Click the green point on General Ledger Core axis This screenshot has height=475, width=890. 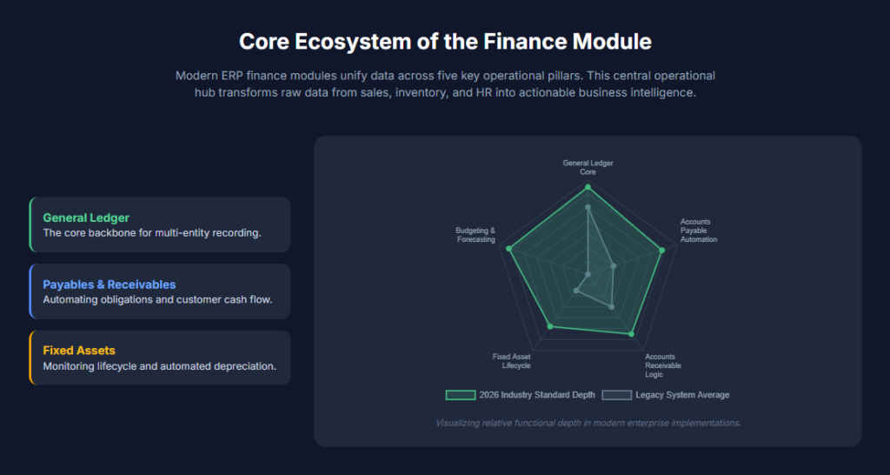pyautogui.click(x=588, y=187)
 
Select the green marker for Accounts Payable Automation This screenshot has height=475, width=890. pyautogui.click(x=661, y=250)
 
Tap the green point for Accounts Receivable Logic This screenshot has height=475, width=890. pyautogui.click(x=631, y=334)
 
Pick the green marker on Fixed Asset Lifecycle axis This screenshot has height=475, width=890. pyautogui.click(x=549, y=326)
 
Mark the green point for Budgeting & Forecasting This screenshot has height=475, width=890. pyautogui.click(x=509, y=249)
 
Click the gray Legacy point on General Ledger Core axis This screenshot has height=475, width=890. pyautogui.click(x=588, y=207)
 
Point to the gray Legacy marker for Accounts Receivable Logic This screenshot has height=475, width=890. pyautogui.click(x=611, y=307)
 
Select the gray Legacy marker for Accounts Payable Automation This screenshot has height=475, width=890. pyautogui.click(x=614, y=266)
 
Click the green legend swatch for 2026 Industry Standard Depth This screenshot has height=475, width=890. pyautogui.click(x=461, y=395)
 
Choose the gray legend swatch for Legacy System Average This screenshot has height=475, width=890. pyautogui.click(x=617, y=395)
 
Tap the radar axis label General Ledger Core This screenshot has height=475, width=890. pyautogui.click(x=588, y=167)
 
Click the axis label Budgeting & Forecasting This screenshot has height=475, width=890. pyautogui.click(x=475, y=235)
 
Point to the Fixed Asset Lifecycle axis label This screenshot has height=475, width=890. pyautogui.click(x=511, y=361)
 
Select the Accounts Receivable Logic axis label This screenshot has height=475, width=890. pyautogui.click(x=663, y=365)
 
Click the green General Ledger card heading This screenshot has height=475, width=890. pyautogui.click(x=86, y=217)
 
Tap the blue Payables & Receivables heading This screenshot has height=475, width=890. pyautogui.click(x=110, y=284)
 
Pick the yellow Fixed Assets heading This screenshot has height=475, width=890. pyautogui.click(x=79, y=351)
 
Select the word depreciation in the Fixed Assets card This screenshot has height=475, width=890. pyautogui.click(x=247, y=366)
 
